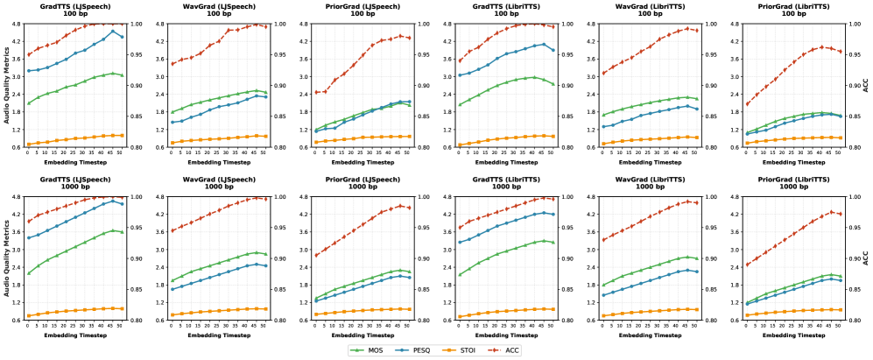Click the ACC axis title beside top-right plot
tap(866, 85)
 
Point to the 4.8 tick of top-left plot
tap(18, 23)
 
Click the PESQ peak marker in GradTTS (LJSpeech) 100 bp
tap(113, 32)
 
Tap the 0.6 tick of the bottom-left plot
tap(18, 321)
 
